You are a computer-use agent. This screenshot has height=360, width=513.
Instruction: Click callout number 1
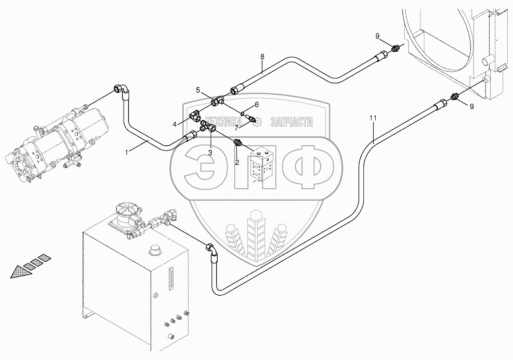(x=127, y=152)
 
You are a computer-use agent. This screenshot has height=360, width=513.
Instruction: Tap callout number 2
(x=237, y=162)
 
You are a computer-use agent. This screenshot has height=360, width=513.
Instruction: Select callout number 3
(x=210, y=153)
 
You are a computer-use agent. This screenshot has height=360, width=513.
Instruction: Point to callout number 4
(x=175, y=124)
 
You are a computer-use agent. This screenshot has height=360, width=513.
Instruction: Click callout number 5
(x=198, y=90)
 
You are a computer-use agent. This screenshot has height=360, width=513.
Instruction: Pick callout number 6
(x=256, y=105)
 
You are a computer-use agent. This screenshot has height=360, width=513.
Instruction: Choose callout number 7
(x=236, y=128)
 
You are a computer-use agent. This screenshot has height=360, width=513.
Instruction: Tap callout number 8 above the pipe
(x=262, y=57)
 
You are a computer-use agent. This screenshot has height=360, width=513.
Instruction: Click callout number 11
(x=373, y=118)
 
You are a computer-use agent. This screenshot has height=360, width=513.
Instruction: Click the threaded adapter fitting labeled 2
(x=238, y=143)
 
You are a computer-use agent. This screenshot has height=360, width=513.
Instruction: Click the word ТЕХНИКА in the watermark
(x=223, y=122)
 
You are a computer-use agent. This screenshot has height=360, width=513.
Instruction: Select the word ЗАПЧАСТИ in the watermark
(x=292, y=122)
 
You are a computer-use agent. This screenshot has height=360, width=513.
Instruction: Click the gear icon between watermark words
(x=257, y=121)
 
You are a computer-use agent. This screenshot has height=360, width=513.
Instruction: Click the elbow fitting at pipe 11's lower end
(x=212, y=251)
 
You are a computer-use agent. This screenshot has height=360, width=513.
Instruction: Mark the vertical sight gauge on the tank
(x=171, y=279)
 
